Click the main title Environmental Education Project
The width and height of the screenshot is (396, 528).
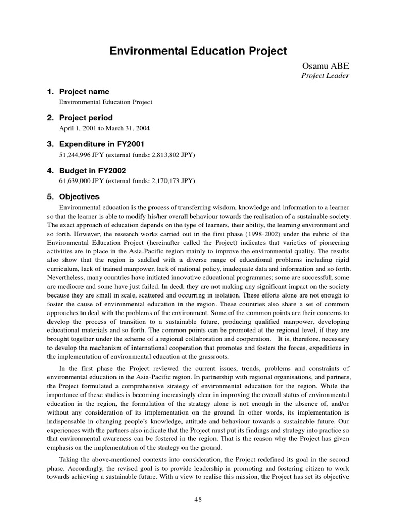[198, 52]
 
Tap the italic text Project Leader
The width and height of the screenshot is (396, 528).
[325, 76]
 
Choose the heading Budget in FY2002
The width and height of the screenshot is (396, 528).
[92, 170]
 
